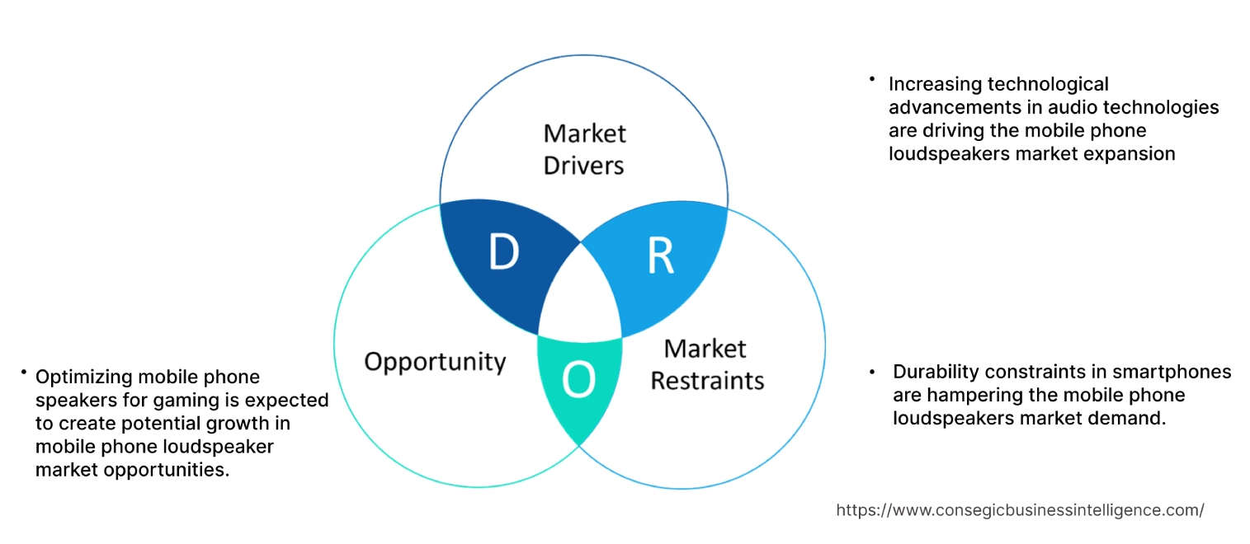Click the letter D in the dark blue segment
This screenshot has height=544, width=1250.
[x=503, y=253]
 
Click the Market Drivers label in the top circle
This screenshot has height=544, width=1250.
[x=584, y=149]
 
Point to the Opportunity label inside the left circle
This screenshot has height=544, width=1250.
[x=435, y=361]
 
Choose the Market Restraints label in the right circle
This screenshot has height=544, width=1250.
[x=707, y=364]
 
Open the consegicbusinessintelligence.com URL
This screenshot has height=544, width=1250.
[x=1020, y=510]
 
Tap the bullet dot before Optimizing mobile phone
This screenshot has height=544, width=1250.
[x=24, y=373]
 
